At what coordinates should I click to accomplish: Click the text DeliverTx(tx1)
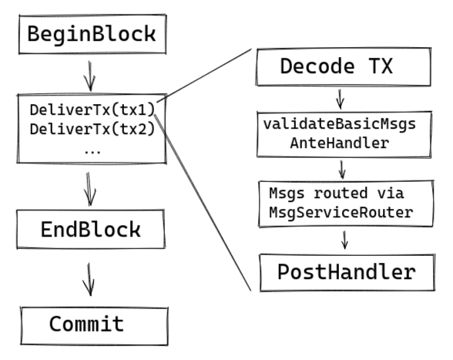pos(92,110)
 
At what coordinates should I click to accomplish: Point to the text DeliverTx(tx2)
pos(92,129)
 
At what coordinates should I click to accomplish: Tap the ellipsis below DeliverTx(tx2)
pos(92,152)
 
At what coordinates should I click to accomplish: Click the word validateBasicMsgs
pos(340,124)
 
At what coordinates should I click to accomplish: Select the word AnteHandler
pos(340,143)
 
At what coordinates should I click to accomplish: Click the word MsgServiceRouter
pos(341,213)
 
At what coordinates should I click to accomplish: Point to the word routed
pos(341,193)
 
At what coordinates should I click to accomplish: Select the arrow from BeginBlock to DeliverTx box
pos(90,76)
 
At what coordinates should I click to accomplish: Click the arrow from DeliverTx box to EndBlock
pos(89,189)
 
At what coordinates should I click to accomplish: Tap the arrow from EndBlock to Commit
pos(89,279)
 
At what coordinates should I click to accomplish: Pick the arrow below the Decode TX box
pos(341,99)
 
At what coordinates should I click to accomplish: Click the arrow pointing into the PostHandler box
pos(344,240)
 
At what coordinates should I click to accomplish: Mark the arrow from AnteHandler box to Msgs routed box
pos(342,170)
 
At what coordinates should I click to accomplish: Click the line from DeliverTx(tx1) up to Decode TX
pos(204,76)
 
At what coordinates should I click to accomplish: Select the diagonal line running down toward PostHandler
pos(203,203)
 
